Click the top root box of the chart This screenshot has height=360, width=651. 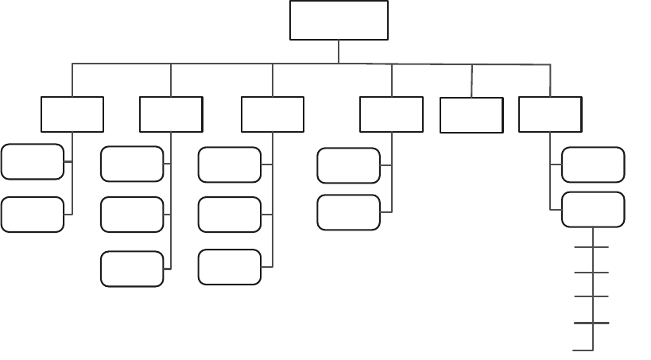click(339, 20)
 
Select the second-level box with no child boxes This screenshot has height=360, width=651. click(471, 115)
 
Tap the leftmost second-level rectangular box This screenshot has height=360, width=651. click(72, 114)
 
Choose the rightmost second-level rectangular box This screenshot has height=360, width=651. click(549, 114)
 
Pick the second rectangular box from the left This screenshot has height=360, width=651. click(171, 114)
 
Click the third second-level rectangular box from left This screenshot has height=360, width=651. click(273, 114)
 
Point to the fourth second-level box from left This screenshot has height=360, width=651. click(391, 114)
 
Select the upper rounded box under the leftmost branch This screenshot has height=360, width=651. click(33, 162)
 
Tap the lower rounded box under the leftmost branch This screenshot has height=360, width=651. click(33, 214)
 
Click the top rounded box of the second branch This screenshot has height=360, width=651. click(133, 164)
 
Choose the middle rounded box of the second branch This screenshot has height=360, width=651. click(133, 215)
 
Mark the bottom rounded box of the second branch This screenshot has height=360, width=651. click(133, 268)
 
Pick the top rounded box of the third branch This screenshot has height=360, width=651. click(230, 165)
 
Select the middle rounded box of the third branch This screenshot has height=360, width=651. click(230, 215)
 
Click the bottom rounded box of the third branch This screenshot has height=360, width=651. click(230, 266)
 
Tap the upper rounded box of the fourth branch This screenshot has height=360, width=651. click(349, 165)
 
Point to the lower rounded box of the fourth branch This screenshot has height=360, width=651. click(349, 212)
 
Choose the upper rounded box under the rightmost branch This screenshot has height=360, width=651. click(593, 165)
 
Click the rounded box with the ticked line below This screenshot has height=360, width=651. click(593, 210)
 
